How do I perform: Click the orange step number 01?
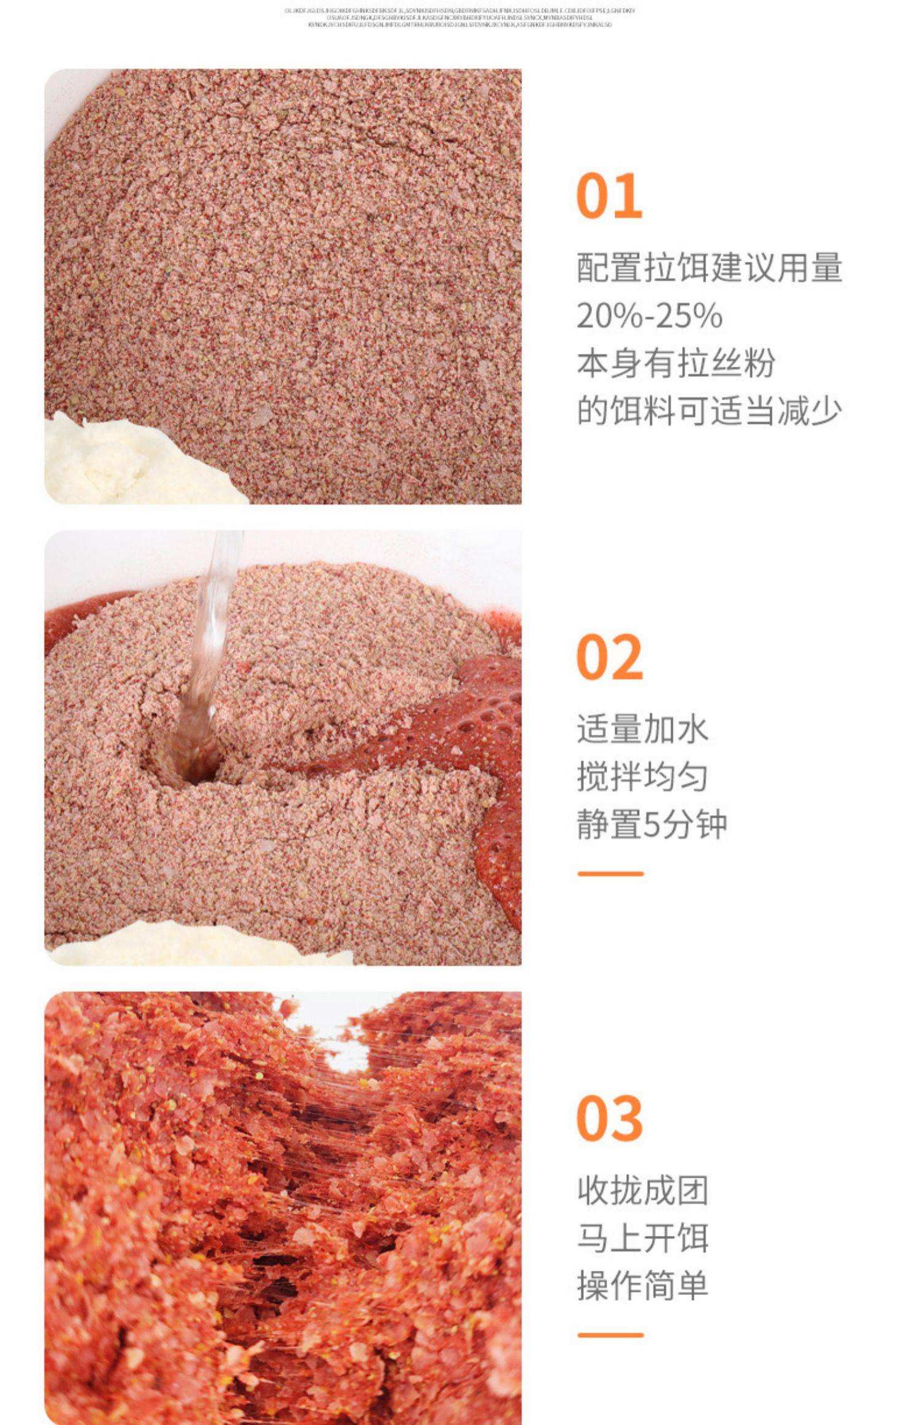609,196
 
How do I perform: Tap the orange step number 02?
610,657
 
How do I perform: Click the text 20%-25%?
649,315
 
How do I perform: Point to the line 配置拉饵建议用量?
710,268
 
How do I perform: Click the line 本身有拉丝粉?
676,363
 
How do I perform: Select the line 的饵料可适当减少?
710,411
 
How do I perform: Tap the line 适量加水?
642,729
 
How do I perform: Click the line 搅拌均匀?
642,776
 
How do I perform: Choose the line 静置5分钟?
651,824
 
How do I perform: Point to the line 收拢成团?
642,1190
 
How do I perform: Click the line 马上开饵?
642,1237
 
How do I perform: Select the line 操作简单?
642,1284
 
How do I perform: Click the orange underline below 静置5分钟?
610,873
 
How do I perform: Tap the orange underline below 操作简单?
610,1334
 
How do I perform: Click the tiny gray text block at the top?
459,18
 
